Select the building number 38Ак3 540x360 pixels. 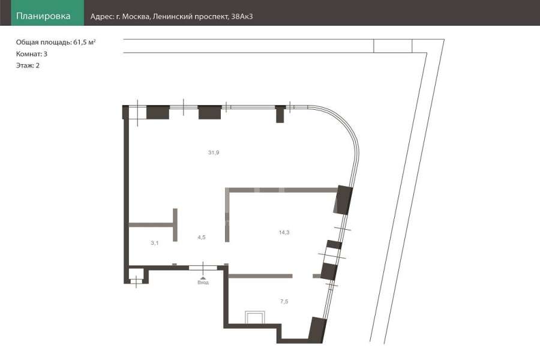pyautogui.click(x=242, y=17)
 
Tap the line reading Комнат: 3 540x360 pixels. pyautogui.click(x=32, y=54)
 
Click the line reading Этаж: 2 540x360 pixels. pyautogui.click(x=28, y=65)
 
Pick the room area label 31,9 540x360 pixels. pyautogui.click(x=214, y=152)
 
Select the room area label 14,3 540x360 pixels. pyautogui.click(x=284, y=233)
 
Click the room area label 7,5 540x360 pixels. pyautogui.click(x=284, y=301)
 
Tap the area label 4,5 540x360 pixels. pyautogui.click(x=202, y=237)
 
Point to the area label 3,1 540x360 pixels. pyautogui.click(x=155, y=243)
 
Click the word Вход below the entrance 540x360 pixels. pyautogui.click(x=203, y=283)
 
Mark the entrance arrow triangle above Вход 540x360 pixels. pyautogui.click(x=203, y=278)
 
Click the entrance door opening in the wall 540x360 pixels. pyautogui.click(x=203, y=268)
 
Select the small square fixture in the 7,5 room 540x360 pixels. pyautogui.click(x=255, y=317)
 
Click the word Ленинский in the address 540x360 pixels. pyautogui.click(x=172, y=17)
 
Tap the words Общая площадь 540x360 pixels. pyautogui.click(x=44, y=43)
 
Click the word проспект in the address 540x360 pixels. pyautogui.click(x=211, y=17)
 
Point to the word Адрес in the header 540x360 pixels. pyautogui.click(x=102, y=17)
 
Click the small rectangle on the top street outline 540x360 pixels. pyautogui.click(x=393, y=46)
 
